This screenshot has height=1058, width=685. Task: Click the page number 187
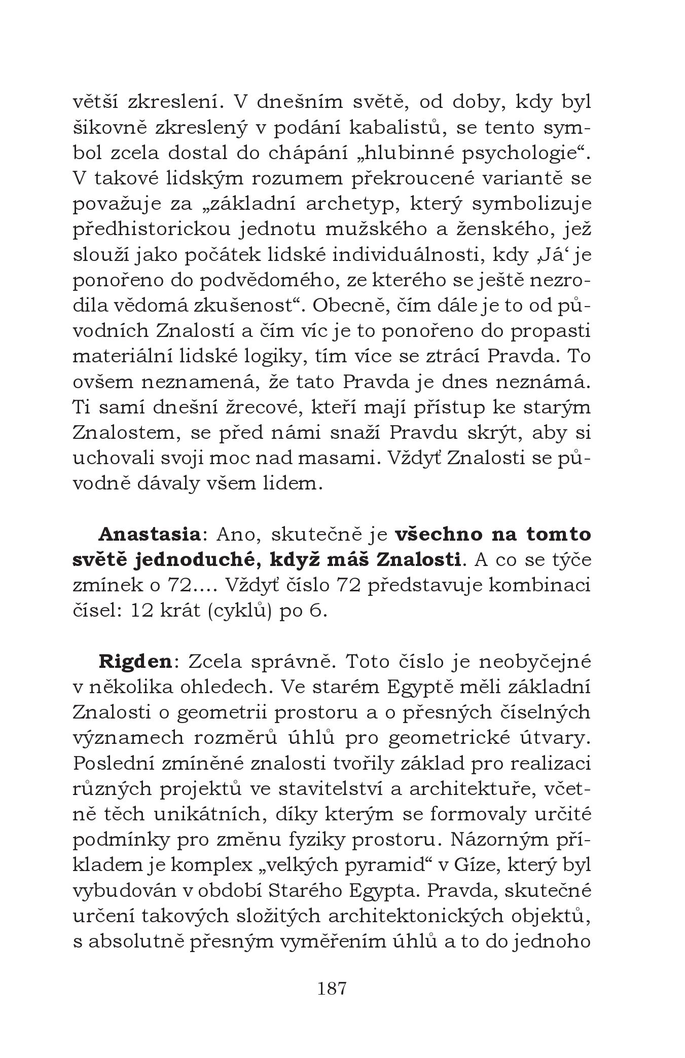click(332, 989)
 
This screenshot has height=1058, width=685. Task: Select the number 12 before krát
click(141, 611)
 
